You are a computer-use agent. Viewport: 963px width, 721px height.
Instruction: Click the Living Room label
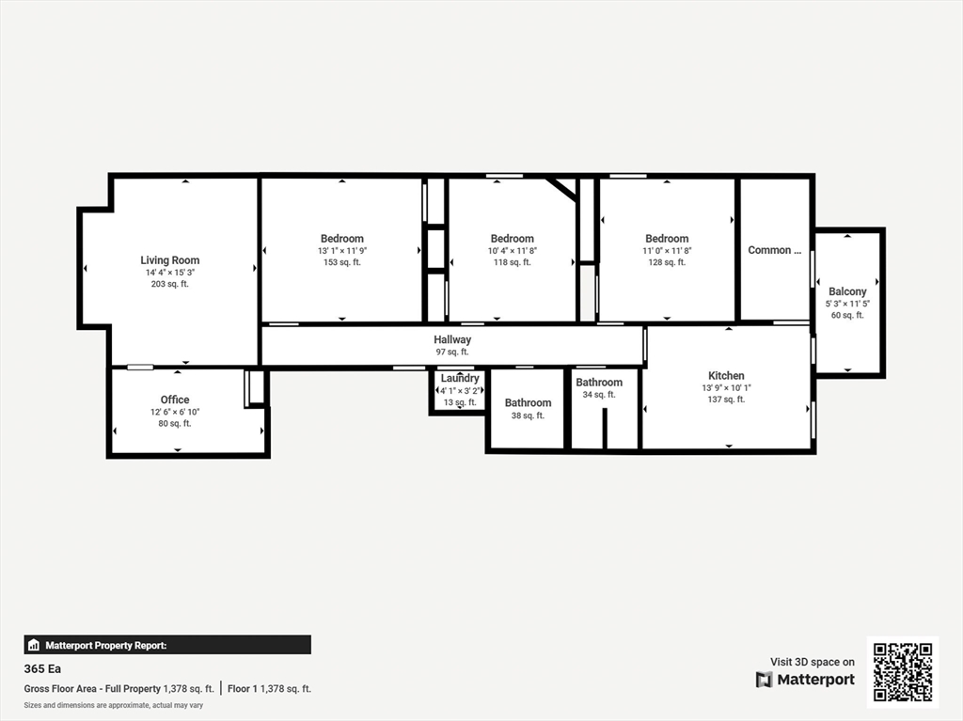pos(169,260)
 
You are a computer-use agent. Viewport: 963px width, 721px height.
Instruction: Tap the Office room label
pos(175,400)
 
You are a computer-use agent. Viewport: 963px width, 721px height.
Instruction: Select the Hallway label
pos(452,339)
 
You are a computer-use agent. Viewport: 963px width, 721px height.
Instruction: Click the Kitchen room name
pos(726,376)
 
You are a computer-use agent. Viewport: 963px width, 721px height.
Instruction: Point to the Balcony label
pos(847,291)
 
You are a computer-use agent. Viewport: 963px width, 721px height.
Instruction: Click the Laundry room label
pos(460,378)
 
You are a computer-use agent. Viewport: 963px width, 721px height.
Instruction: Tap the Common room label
pos(775,250)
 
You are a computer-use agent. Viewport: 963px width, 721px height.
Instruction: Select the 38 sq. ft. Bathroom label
pos(529,403)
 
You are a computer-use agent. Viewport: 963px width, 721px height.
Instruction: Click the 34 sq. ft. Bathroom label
pos(599,383)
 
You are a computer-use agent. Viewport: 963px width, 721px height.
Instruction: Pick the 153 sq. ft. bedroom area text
pos(342,262)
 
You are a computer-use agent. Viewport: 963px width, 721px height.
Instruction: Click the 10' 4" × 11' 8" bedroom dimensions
pos(513,251)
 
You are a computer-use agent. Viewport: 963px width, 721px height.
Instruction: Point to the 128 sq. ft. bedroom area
pos(667,262)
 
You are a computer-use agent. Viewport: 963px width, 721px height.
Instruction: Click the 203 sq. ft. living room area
pos(169,284)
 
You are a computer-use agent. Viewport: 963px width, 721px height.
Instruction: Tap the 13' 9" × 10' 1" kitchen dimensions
pos(727,387)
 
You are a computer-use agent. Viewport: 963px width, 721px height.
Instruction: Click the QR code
pos(903,672)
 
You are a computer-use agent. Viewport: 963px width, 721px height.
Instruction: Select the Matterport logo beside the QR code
pos(805,680)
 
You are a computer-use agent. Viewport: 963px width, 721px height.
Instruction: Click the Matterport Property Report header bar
pos(167,645)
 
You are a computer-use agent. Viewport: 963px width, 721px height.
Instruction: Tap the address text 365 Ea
pos(42,668)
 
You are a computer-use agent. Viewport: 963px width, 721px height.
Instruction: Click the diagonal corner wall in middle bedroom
pos(561,189)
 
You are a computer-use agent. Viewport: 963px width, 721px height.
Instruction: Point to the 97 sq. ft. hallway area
pos(452,352)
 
